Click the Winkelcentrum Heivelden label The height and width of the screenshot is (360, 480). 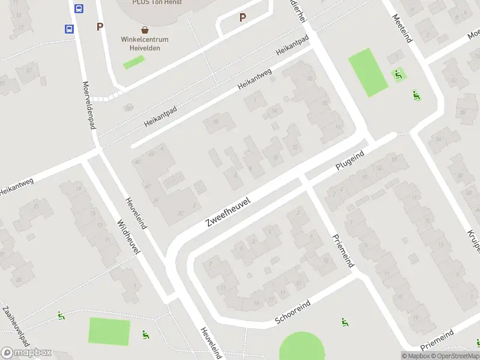click(x=145, y=44)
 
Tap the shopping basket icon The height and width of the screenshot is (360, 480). click(x=145, y=29)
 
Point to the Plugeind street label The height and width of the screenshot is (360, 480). click(x=350, y=163)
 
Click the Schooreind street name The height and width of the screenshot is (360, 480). click(x=293, y=311)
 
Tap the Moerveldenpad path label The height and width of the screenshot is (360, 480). click(x=89, y=105)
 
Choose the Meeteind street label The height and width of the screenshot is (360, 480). click(x=402, y=29)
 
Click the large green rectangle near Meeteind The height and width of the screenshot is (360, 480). click(x=368, y=73)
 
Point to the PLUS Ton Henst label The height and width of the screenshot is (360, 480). click(x=157, y=2)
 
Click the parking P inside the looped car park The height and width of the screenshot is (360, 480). click(x=242, y=17)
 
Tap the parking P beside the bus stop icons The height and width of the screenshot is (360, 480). click(x=100, y=26)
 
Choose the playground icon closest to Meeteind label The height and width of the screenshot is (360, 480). click(x=397, y=74)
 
